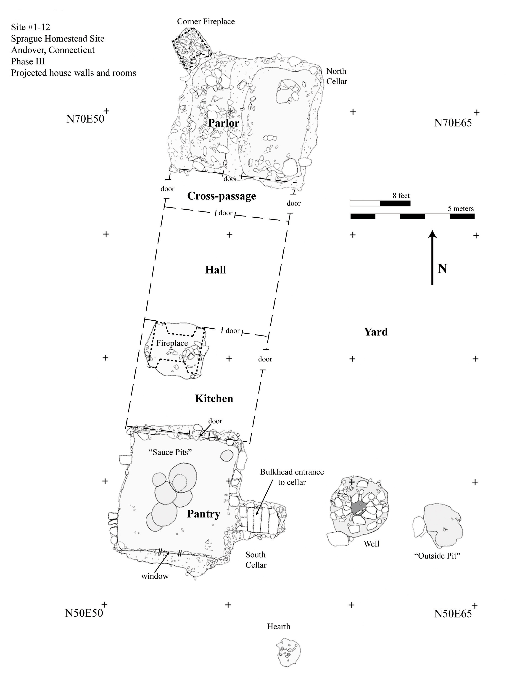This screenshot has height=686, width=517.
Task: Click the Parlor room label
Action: point(224,123)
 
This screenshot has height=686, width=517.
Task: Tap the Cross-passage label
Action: point(222,196)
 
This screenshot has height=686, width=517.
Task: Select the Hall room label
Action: point(216,270)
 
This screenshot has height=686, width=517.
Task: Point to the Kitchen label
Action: point(214,398)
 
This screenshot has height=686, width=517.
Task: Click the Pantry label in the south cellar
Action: point(203,514)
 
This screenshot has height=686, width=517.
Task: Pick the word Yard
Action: point(376,332)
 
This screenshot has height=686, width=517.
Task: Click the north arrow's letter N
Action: point(442,269)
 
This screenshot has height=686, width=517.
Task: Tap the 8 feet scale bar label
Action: point(401,196)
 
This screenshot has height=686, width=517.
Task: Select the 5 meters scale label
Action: point(461,209)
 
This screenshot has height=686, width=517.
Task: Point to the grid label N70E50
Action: point(85,119)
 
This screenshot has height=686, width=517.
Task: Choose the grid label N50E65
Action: point(453,614)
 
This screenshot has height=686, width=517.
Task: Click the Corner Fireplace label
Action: point(206,22)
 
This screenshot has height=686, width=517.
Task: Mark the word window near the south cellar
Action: point(155,576)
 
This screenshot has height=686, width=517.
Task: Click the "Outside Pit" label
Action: point(437,556)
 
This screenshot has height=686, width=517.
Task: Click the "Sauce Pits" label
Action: point(171,452)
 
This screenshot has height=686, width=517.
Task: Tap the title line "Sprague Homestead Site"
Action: point(58,39)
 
